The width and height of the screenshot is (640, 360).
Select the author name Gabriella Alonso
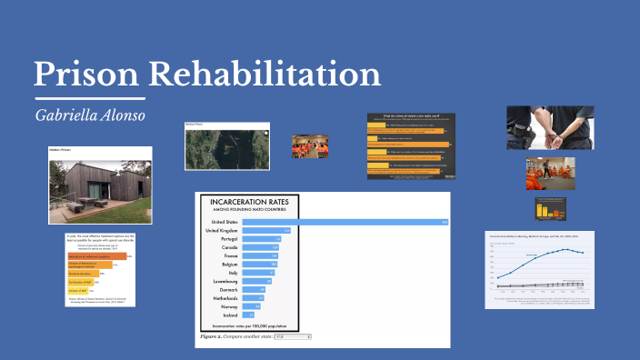(90, 115)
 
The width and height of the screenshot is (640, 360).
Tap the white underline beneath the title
(90, 96)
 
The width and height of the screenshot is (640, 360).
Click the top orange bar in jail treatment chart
(95, 256)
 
